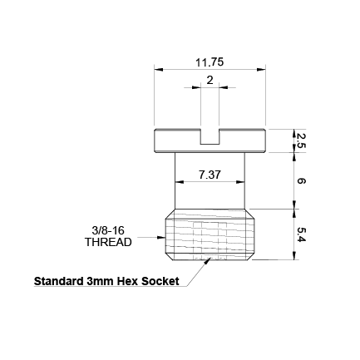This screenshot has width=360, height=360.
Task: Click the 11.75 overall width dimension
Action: pyautogui.click(x=210, y=62)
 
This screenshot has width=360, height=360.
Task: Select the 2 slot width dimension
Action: pyautogui.click(x=210, y=80)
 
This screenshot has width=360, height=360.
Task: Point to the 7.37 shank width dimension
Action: pyautogui.click(x=210, y=175)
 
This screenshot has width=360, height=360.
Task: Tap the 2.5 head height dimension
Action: pyautogui.click(x=301, y=139)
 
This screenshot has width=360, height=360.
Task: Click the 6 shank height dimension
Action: pyautogui.click(x=301, y=180)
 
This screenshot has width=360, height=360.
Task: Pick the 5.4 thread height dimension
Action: pyautogui.click(x=301, y=235)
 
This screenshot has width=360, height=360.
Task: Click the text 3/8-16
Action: pyautogui.click(x=108, y=230)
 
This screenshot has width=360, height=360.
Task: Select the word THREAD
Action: pyautogui.click(x=108, y=243)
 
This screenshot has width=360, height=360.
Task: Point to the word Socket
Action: pyautogui.click(x=160, y=281)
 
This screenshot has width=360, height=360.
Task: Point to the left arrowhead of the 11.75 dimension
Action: pyautogui.click(x=157, y=71)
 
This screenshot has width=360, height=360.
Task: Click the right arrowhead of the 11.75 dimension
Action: pyautogui.click(x=264, y=71)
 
